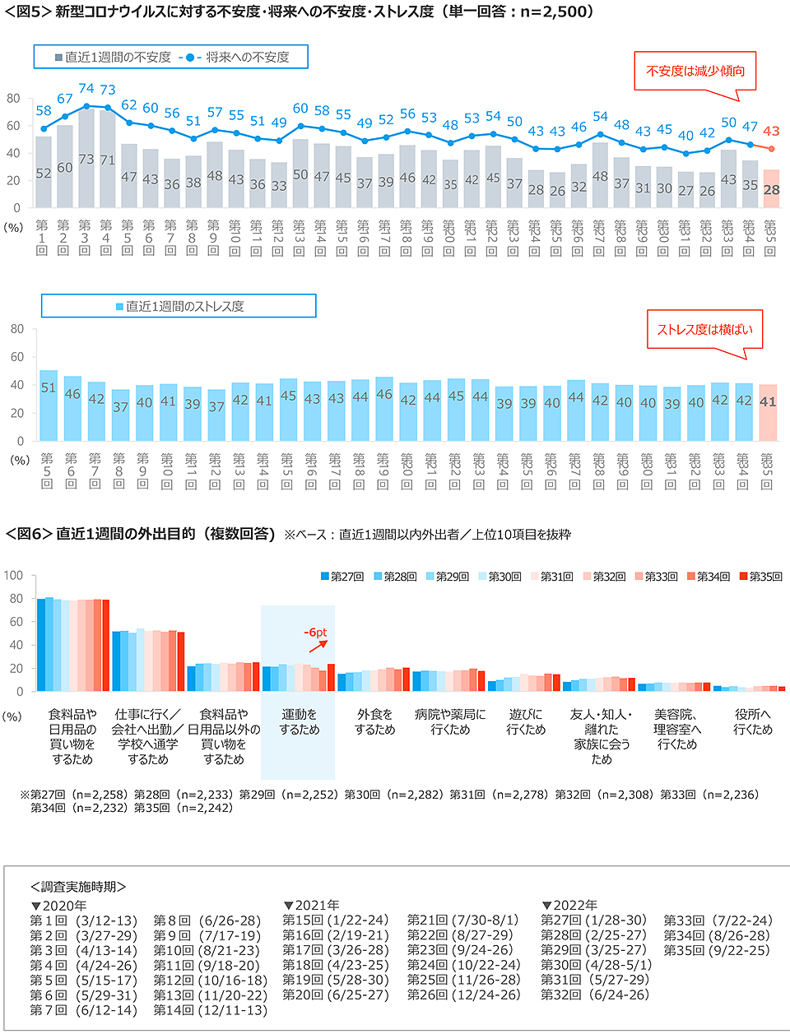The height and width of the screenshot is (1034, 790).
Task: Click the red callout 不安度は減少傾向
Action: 695,71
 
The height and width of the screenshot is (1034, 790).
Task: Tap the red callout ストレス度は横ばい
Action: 704,329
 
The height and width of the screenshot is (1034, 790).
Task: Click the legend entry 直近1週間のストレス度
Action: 179,306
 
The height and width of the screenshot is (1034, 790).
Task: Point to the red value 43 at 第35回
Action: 771,131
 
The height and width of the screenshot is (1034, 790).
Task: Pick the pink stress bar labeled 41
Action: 768,411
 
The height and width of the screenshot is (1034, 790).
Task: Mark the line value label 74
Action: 86,88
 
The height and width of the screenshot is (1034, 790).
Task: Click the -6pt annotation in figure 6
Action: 315,633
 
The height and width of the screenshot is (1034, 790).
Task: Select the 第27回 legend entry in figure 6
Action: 342,577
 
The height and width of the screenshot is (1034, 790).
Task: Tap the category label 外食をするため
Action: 374,722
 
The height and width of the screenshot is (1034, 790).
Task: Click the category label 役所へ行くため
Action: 753,722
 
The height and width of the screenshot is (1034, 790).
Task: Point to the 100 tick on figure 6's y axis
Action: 14,575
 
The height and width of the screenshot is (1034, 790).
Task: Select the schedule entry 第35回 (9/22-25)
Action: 716,950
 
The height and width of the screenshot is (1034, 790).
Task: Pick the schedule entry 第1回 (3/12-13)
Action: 83,920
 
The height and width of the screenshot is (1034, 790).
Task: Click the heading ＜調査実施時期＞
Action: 78,887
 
